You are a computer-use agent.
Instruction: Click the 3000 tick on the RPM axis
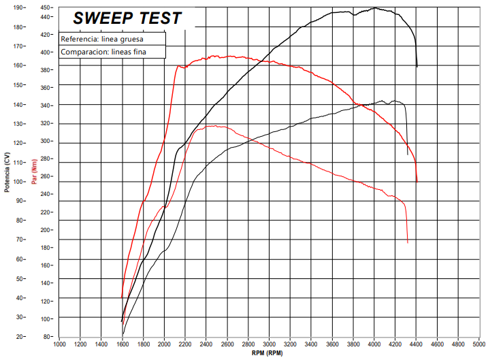pos(270,344)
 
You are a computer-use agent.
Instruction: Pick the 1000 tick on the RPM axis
pos(59,344)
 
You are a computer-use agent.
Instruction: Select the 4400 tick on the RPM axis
pos(417,344)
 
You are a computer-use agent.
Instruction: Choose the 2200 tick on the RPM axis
pos(185,344)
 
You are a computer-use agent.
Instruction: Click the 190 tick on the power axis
pos(18,8)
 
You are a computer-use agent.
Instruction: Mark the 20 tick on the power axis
pos(19,336)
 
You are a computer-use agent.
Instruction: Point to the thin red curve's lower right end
pos(408,242)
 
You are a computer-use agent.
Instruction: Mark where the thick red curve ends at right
pos(417,182)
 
